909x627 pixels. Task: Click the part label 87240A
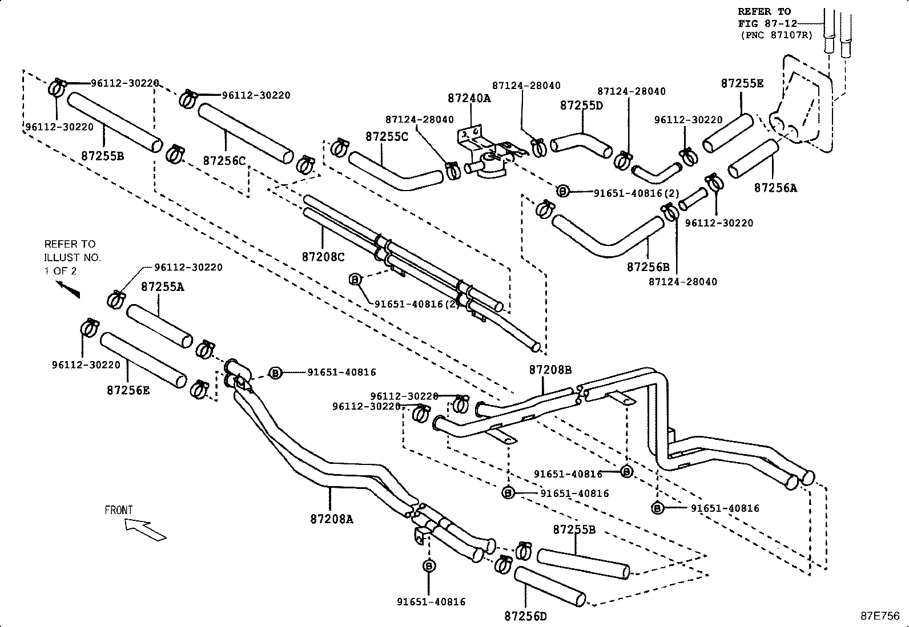click(469, 98)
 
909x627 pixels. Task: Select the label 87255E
click(742, 83)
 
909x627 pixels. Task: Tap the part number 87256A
click(775, 188)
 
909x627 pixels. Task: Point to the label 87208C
click(323, 257)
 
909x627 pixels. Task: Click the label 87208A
click(332, 519)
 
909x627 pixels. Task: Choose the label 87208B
click(550, 370)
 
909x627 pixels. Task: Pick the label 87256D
click(525, 616)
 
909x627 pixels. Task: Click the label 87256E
click(128, 390)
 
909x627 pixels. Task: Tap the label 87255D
click(581, 106)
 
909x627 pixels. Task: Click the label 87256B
click(648, 266)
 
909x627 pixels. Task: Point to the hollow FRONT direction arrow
click(146, 530)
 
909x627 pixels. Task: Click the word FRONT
click(119, 510)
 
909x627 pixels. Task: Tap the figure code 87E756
click(880, 616)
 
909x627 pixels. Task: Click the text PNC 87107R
click(769, 35)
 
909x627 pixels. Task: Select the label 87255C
click(387, 137)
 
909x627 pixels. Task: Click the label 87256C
click(224, 161)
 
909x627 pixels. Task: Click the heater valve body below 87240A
click(488, 164)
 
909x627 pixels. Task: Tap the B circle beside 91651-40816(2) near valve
click(562, 191)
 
